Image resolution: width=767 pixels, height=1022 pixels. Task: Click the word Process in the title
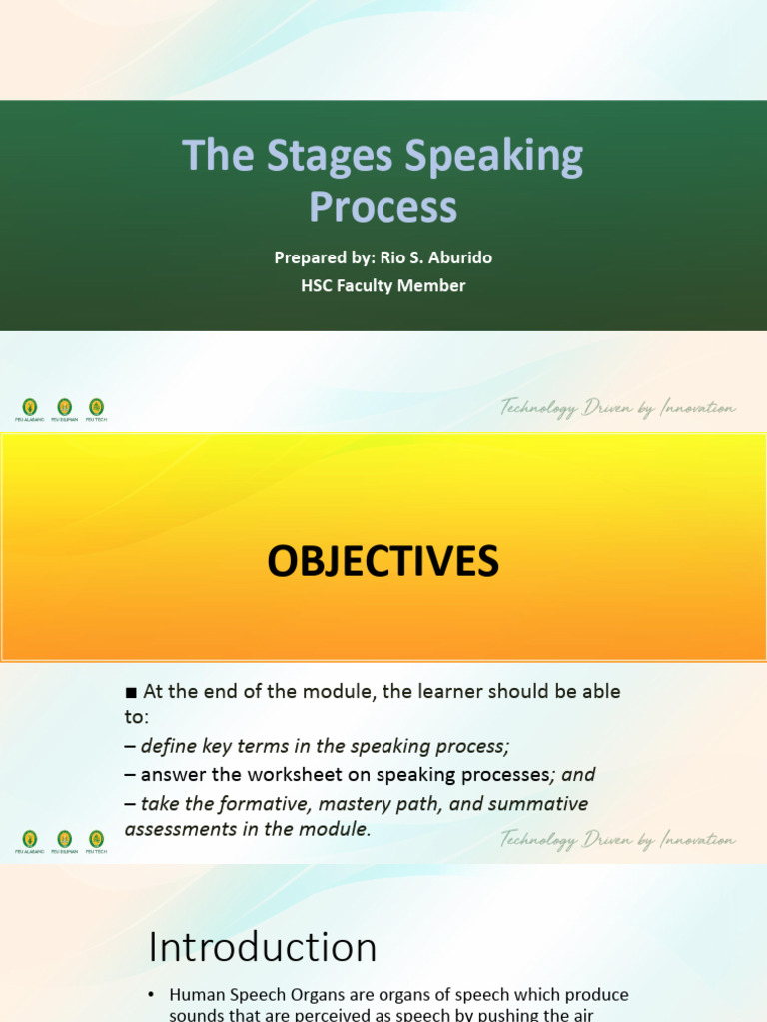click(x=383, y=207)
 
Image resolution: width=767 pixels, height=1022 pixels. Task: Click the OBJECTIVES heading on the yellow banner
click(x=383, y=562)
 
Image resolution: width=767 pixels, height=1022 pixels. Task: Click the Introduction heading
click(x=263, y=947)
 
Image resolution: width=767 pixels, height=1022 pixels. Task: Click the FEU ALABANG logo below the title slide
click(x=30, y=407)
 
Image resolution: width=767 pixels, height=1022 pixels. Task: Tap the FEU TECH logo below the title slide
click(x=96, y=407)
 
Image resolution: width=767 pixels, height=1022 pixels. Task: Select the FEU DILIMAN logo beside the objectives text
click(x=63, y=840)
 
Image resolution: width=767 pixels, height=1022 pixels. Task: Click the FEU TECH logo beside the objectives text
click(x=96, y=840)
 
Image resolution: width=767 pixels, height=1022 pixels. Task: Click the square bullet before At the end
click(x=130, y=692)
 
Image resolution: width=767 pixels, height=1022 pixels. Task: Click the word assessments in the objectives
click(x=178, y=829)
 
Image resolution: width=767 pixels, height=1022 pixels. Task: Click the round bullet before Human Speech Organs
click(x=152, y=995)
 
